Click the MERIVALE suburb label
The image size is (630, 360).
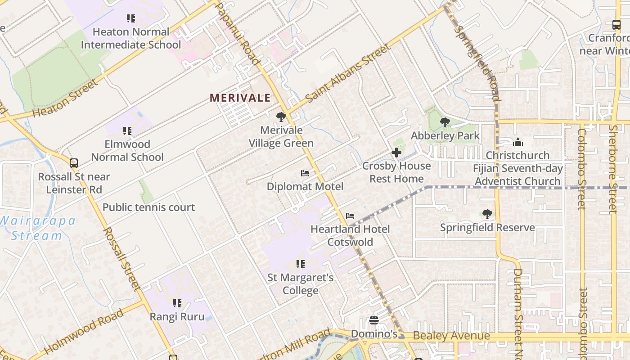[240, 98]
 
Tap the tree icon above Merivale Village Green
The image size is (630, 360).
[281, 117]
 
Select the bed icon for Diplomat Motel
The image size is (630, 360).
[305, 173]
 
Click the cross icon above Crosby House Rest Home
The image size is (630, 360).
[396, 153]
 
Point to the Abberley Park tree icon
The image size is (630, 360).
[445, 122]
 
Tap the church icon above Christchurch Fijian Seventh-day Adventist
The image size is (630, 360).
[518, 143]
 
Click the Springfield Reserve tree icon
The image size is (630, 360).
[487, 214]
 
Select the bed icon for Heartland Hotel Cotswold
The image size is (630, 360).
[350, 216]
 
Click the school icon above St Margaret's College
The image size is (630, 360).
[301, 264]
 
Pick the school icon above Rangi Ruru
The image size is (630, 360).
[177, 303]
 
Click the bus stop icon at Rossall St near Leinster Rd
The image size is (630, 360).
[74, 163]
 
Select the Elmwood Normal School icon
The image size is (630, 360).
[127, 131]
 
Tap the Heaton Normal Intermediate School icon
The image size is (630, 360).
[131, 18]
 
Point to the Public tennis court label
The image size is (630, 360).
[148, 207]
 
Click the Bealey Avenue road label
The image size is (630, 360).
[451, 336]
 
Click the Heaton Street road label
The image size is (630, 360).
[65, 99]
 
